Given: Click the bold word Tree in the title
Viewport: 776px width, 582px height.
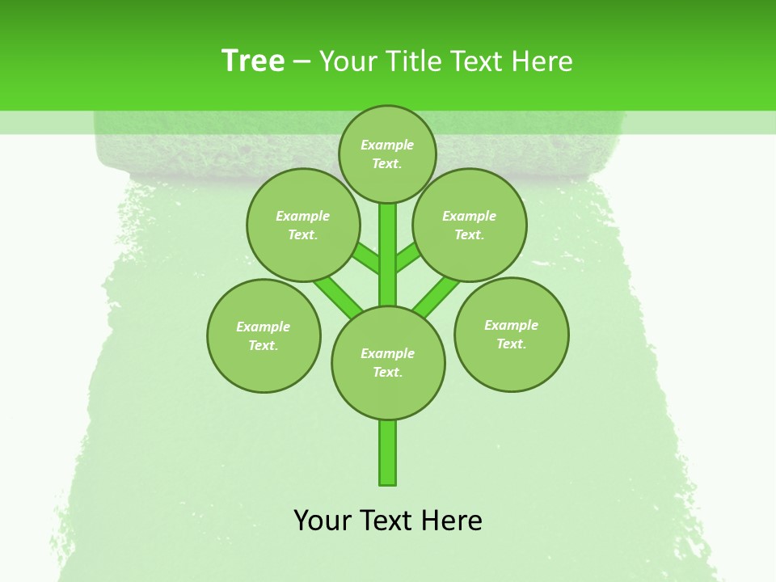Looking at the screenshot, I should pyautogui.click(x=253, y=61).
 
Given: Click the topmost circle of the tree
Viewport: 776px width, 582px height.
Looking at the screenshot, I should pyautogui.click(x=387, y=154).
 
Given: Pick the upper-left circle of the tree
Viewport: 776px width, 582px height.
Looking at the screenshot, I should pyautogui.click(x=302, y=225).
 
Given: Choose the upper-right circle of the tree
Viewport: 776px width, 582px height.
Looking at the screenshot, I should pyautogui.click(x=470, y=225).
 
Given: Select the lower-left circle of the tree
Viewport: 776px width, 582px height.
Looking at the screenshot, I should pyautogui.click(x=264, y=335).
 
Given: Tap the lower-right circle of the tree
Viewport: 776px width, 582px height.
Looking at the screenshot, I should pyautogui.click(x=511, y=334).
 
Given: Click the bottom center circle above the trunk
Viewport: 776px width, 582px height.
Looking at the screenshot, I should pyautogui.click(x=388, y=362).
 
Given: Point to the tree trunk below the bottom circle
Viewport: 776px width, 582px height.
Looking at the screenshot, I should pyautogui.click(x=388, y=453).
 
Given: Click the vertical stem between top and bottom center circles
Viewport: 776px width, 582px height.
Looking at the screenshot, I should pyautogui.click(x=388, y=255).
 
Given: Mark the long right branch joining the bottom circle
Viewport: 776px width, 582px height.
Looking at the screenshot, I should pyautogui.click(x=436, y=297).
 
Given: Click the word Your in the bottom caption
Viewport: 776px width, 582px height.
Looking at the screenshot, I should pyautogui.click(x=322, y=521).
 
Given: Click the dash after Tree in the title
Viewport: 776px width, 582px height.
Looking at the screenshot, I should pyautogui.click(x=302, y=61).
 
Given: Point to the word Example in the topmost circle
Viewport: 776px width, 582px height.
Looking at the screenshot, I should pyautogui.click(x=387, y=145).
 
